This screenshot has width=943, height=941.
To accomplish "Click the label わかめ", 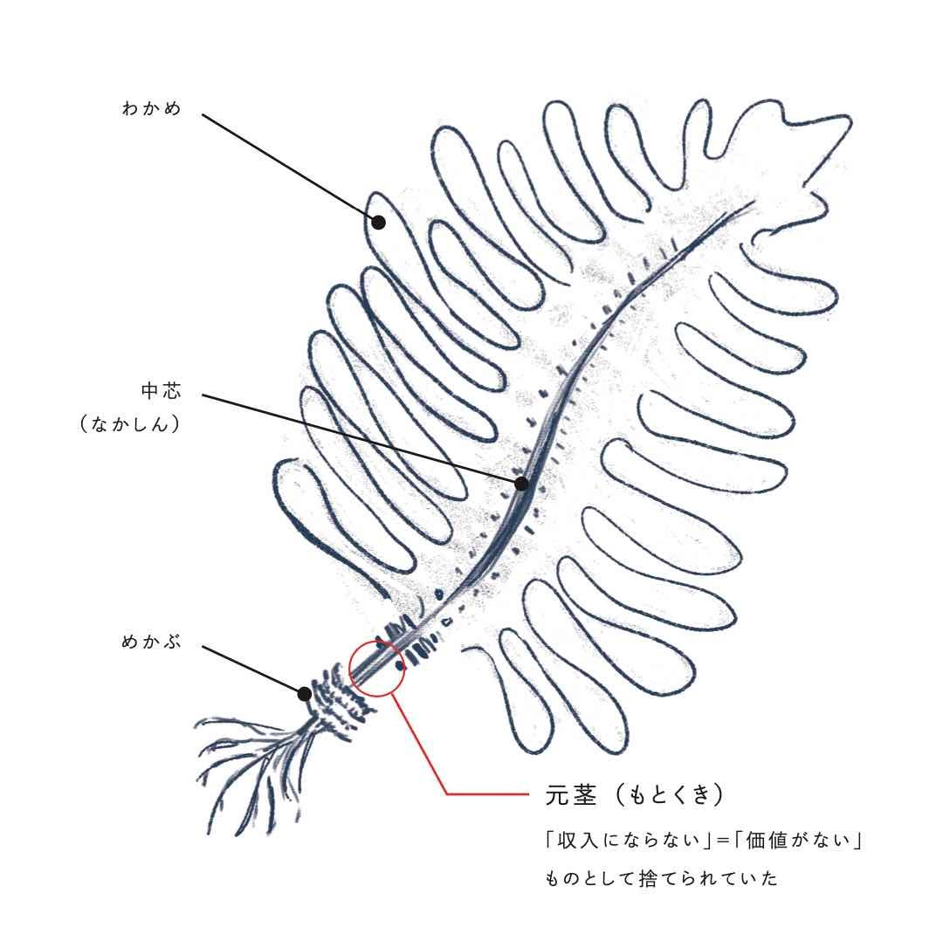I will (152, 110).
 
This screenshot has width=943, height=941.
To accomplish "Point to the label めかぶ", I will (152, 642).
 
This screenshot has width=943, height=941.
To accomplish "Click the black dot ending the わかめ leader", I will (378, 223).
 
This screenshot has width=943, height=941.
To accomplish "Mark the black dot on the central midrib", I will (521, 484).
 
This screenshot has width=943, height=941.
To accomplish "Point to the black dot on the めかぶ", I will (304, 694).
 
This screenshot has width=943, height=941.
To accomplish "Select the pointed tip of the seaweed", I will (838, 122).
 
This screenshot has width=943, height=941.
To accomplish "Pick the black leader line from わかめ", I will (288, 167).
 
